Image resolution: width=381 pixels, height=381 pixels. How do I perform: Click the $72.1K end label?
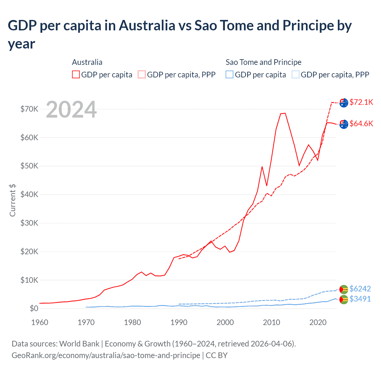(361, 102)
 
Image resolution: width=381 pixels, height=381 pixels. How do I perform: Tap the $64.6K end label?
(361, 124)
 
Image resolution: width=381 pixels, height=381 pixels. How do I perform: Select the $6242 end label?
(360, 289)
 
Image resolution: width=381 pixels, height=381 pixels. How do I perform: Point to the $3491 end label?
(360, 299)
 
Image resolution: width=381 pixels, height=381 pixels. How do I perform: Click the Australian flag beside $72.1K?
(344, 103)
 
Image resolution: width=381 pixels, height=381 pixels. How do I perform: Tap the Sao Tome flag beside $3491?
(344, 299)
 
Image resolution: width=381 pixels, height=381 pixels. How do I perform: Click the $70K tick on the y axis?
(29, 109)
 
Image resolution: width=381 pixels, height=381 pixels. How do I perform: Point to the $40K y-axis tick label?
(29, 195)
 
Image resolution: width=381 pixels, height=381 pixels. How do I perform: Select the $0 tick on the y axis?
(34, 309)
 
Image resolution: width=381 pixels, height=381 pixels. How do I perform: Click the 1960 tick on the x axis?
(40, 322)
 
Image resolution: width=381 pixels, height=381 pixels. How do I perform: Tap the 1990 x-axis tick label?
(179, 322)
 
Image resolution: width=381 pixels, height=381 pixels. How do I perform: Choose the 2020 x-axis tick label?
(318, 322)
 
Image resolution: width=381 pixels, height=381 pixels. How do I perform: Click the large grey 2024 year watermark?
(71, 110)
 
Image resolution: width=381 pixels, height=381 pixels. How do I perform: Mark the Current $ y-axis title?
(13, 200)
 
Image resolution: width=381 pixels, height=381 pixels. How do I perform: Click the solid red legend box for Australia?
(76, 75)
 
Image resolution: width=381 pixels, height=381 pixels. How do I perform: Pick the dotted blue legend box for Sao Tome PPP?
(296, 75)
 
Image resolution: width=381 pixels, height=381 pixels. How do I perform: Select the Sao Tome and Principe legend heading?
(263, 62)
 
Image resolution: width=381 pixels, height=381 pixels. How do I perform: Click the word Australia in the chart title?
(147, 26)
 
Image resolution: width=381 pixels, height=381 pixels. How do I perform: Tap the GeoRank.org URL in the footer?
(106, 355)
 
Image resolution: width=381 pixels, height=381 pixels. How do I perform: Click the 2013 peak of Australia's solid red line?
(285, 113)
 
